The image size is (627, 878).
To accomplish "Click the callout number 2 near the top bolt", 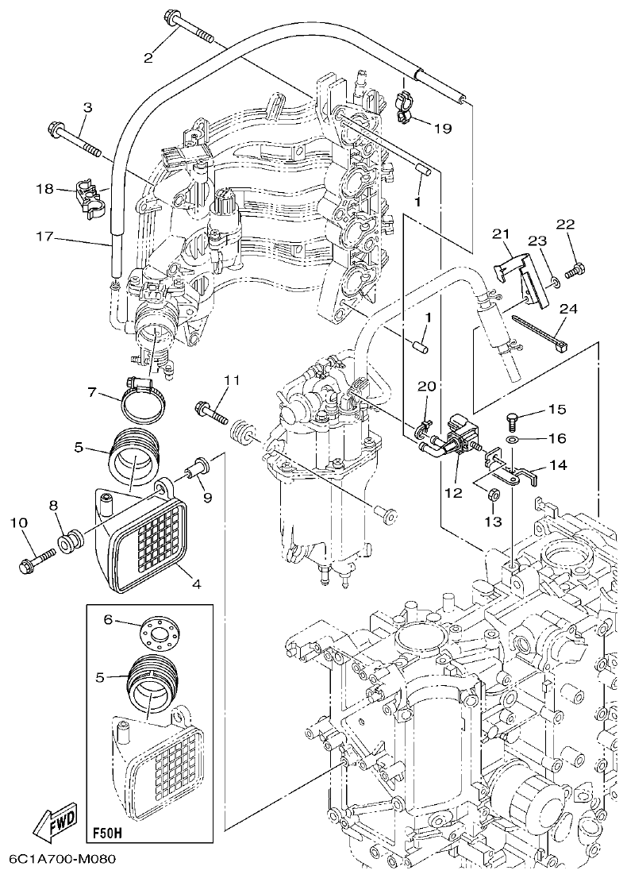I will pyautogui.click(x=148, y=56).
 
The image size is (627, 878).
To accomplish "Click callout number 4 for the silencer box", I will pyautogui.click(x=195, y=583).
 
